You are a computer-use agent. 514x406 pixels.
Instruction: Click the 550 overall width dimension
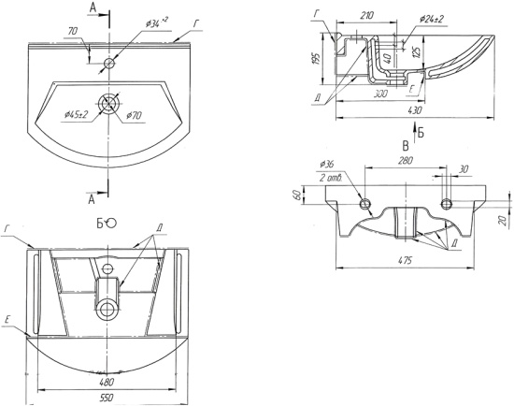click(107, 398)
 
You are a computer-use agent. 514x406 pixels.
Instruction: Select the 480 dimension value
click(107, 382)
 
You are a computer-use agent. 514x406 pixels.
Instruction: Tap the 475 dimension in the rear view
click(406, 260)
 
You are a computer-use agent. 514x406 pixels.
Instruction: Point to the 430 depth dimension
click(415, 110)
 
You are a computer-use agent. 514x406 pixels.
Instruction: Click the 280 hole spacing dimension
click(406, 161)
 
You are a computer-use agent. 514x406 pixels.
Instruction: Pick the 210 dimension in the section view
click(367, 15)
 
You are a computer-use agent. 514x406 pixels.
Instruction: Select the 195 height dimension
click(317, 58)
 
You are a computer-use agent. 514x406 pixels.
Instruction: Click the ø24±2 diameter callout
click(432, 19)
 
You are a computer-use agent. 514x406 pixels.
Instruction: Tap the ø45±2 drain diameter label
click(77, 114)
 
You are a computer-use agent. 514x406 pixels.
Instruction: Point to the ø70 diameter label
click(134, 115)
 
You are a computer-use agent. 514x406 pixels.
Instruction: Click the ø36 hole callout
click(326, 164)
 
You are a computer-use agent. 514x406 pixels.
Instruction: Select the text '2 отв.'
click(331, 179)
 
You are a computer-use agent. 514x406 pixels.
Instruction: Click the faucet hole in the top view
click(109, 63)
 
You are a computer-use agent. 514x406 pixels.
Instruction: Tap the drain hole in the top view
click(107, 104)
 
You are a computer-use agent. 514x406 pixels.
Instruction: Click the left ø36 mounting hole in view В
click(365, 204)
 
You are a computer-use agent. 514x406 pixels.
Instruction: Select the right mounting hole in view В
click(446, 204)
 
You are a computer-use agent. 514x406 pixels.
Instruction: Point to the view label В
click(406, 145)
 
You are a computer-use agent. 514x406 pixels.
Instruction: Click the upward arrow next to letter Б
click(415, 132)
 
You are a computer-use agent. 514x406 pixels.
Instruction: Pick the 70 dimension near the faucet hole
click(73, 31)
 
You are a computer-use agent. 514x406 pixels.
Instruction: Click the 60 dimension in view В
click(298, 195)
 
